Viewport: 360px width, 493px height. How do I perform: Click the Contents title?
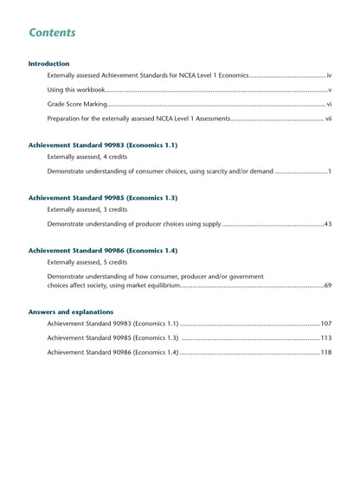[52, 33]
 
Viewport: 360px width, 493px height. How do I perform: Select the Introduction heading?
[48, 63]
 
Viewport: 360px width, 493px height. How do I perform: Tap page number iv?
[329, 76]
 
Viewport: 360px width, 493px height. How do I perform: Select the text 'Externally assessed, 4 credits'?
[87, 157]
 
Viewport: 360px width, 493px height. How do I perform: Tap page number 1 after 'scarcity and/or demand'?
[330, 171]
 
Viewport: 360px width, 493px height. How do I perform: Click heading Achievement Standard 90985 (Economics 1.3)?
[102, 197]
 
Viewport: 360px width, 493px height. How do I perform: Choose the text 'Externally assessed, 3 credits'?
[87, 209]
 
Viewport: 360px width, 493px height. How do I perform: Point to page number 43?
[327, 224]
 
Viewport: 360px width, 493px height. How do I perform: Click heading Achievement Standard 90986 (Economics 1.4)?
[102, 250]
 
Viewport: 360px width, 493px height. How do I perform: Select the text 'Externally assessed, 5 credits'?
[87, 262]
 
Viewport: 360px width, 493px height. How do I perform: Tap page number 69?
[327, 285]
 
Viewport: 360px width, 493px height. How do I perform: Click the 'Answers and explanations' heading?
[70, 311]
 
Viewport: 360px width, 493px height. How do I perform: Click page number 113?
[325, 338]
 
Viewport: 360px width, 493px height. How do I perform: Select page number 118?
[325, 352]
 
